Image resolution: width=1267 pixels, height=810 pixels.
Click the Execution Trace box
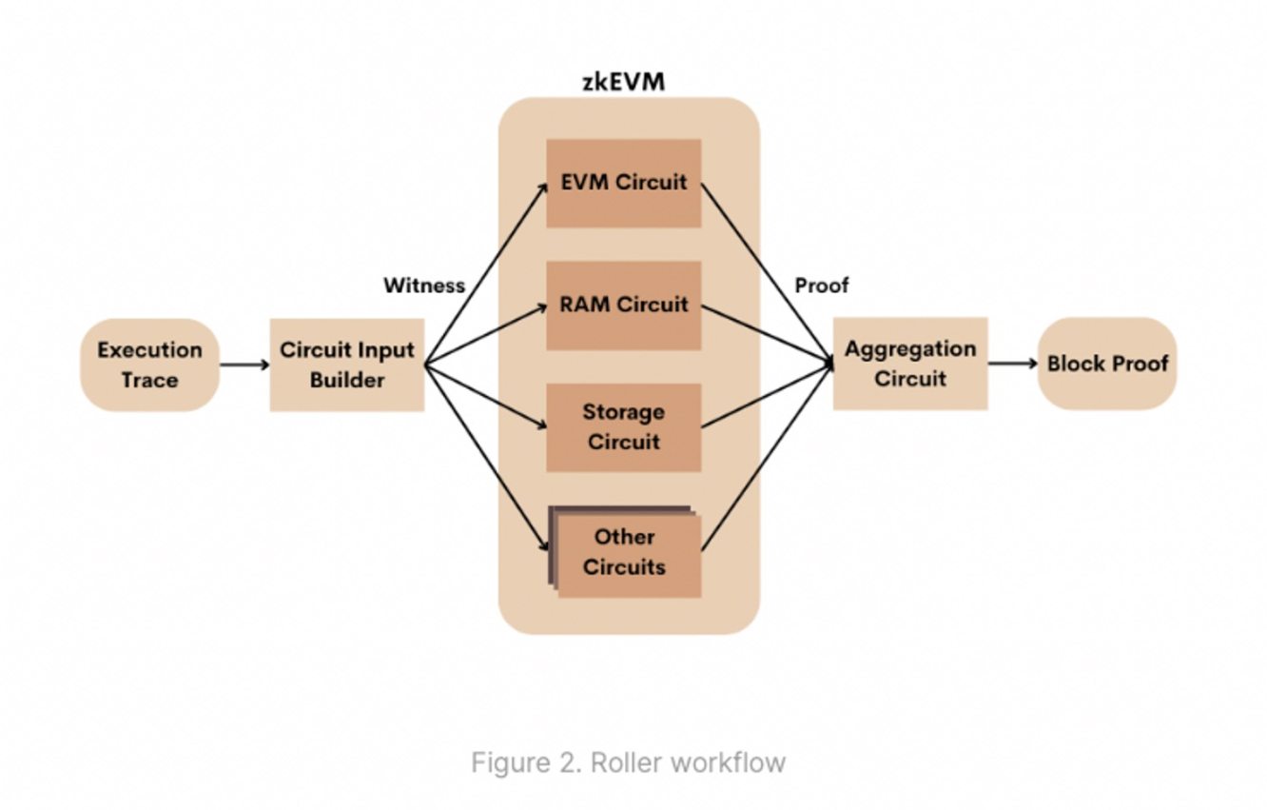[149, 365]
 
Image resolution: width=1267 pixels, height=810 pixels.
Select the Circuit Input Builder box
[346, 365]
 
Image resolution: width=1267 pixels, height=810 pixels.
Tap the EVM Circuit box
[623, 183]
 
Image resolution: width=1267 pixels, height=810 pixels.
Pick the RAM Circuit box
[623, 305]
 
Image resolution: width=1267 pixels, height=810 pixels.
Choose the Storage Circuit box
[623, 427]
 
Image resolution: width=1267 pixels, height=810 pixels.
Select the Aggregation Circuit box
[910, 364]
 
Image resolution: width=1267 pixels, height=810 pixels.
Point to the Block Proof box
[1107, 364]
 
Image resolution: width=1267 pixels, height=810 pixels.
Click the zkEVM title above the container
[623, 82]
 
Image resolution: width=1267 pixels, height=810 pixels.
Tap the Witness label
[424, 285]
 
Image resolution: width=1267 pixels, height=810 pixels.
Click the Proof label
[822, 285]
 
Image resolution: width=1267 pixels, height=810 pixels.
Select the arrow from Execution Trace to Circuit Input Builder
[244, 365]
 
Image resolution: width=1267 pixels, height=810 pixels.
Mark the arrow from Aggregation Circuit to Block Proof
[1012, 363]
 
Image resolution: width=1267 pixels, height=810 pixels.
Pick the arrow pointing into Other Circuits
[485, 457]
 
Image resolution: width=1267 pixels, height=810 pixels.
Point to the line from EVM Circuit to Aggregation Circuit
[766, 271]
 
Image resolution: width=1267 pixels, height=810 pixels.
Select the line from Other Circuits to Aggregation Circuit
[766, 457]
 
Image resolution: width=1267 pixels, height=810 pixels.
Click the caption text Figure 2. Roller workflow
[628, 762]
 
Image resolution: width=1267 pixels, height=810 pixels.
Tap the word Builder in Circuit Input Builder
[346, 380]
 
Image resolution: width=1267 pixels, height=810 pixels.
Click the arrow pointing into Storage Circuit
[485, 396]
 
